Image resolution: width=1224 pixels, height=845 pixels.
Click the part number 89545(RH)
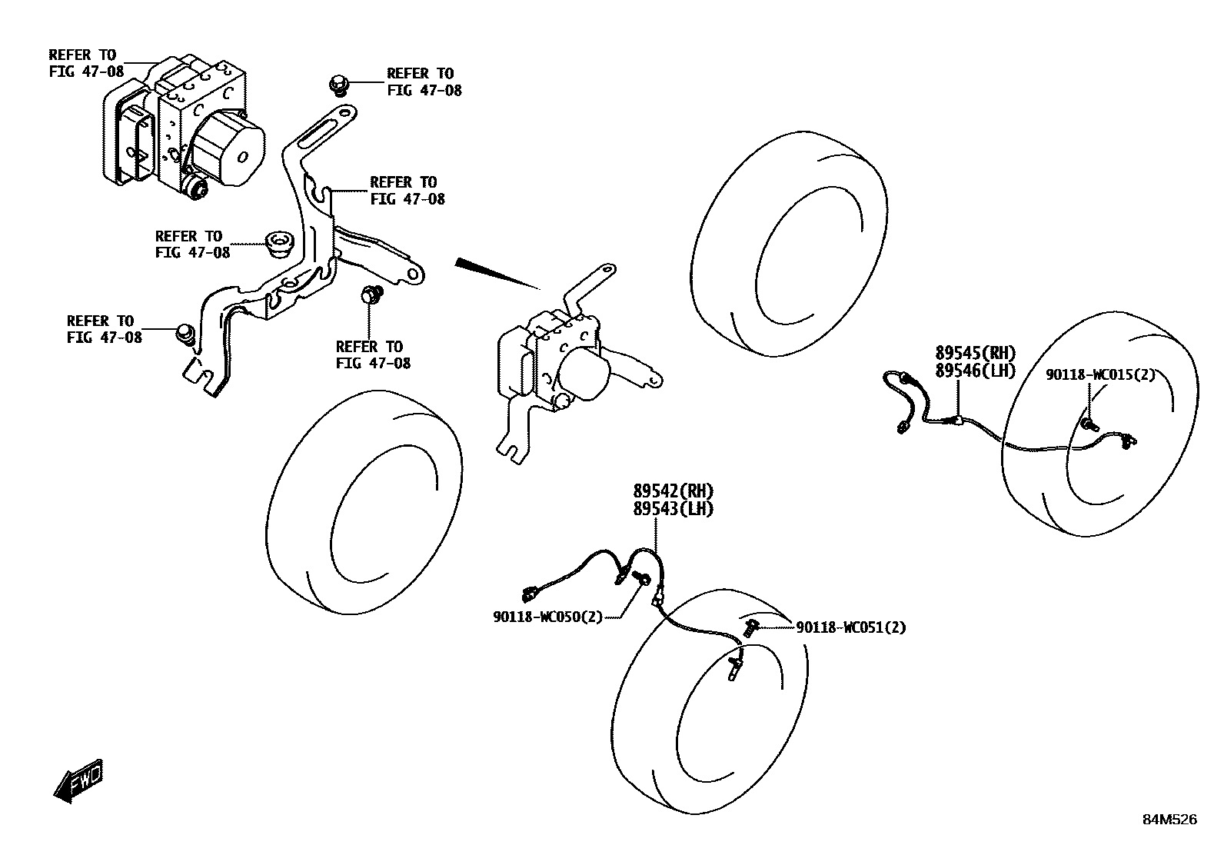(975, 353)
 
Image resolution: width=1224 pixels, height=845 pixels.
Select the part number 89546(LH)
(975, 371)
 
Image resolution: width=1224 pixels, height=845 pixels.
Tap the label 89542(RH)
(673, 491)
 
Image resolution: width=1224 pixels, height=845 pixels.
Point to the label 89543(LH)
(673, 508)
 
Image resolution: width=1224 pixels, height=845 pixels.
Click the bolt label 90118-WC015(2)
(1099, 374)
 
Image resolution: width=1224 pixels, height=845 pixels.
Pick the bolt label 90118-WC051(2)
(850, 627)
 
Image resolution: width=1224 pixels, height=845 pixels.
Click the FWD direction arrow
(78, 781)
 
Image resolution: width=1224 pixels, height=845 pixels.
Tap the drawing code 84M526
(1169, 820)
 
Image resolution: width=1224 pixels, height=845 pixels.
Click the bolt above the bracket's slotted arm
(338, 82)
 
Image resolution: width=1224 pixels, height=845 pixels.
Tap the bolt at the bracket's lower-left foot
(185, 334)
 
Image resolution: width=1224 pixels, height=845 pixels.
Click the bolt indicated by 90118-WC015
(1089, 424)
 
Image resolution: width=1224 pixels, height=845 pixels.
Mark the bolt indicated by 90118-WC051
(750, 628)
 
